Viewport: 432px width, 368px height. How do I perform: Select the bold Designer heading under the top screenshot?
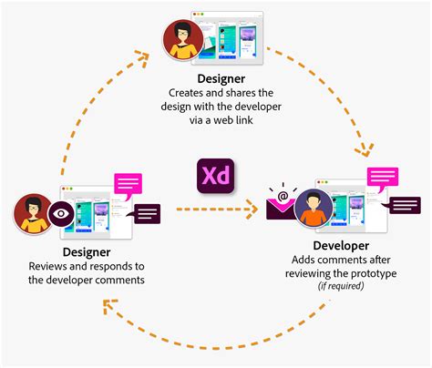(216, 80)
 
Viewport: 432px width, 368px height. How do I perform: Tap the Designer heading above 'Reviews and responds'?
(87, 251)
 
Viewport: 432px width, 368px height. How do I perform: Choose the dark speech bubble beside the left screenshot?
(147, 214)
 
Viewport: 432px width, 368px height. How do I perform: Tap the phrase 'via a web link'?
(216, 118)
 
